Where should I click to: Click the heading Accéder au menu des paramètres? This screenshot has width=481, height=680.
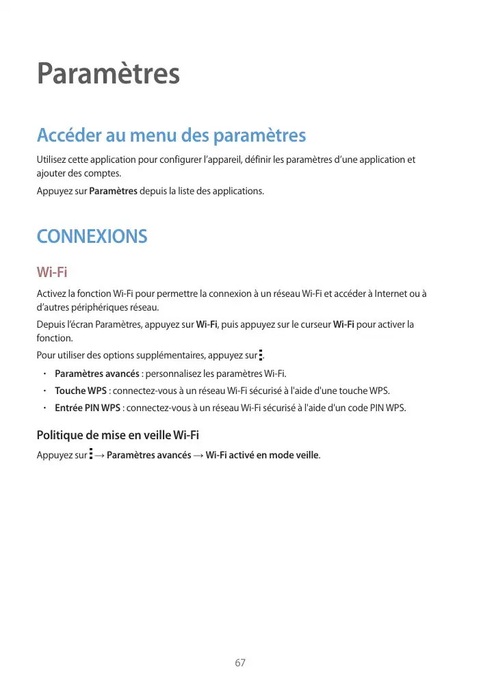pyautogui.click(x=171, y=135)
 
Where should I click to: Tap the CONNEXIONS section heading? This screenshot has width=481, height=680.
pyautogui.click(x=92, y=237)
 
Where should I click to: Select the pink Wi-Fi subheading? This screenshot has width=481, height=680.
pyautogui.click(x=52, y=273)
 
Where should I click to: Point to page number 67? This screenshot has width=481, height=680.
pyautogui.click(x=240, y=663)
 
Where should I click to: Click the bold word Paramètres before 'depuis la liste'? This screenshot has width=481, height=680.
pyautogui.click(x=113, y=190)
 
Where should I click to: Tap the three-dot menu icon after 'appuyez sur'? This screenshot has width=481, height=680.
pyautogui.click(x=261, y=355)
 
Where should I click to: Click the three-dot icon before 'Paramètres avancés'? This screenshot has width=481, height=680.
pyautogui.click(x=91, y=454)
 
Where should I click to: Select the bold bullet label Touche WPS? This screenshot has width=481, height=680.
pyautogui.click(x=80, y=391)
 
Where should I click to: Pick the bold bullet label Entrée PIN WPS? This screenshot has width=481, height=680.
pyautogui.click(x=88, y=408)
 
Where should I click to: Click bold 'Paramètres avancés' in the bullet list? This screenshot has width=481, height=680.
pyautogui.click(x=96, y=374)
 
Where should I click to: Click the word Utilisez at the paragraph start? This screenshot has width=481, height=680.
pyautogui.click(x=53, y=160)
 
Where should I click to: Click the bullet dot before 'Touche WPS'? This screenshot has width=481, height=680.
pyautogui.click(x=43, y=391)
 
